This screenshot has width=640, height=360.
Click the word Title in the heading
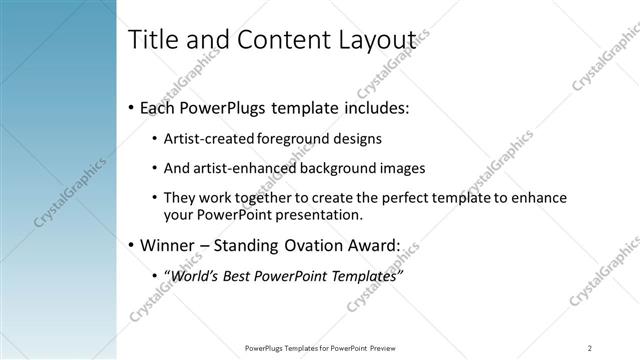point(153,39)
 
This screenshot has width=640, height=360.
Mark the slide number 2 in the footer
point(590,347)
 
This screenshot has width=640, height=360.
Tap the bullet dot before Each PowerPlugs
point(131,107)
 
